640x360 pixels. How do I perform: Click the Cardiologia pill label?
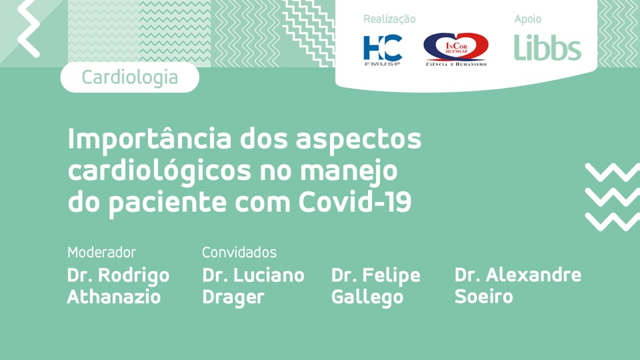[129, 77]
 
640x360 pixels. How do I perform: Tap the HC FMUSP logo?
[383, 49]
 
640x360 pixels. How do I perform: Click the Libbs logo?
[547, 47]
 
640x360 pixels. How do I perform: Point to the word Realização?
[389, 19]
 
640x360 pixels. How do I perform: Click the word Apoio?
[528, 19]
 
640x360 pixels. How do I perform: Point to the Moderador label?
[101, 253]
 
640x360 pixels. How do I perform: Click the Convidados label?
[239, 253]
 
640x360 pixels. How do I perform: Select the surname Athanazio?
[114, 297]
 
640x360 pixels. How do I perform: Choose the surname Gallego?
[367, 297]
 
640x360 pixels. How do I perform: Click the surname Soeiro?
[483, 297]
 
